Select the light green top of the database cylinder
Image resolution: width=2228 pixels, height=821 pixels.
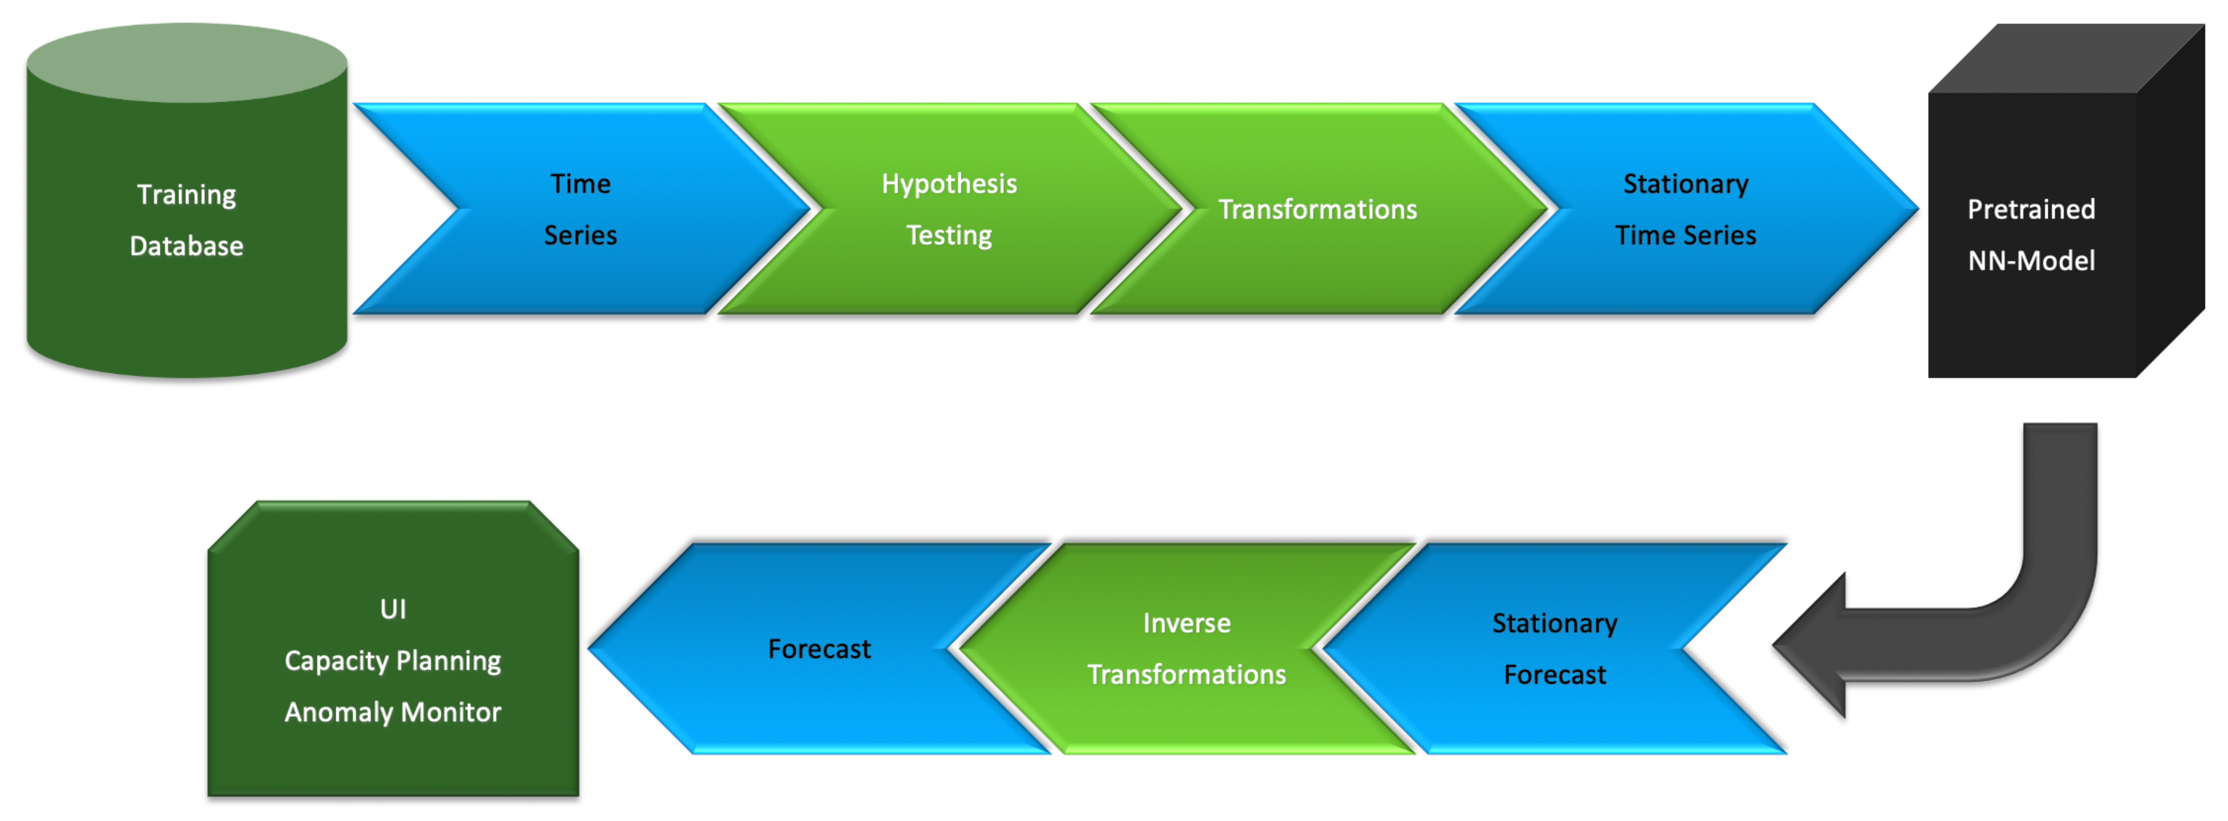pyautogui.click(x=187, y=62)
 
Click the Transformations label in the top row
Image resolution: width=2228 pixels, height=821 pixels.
pyautogui.click(x=1317, y=209)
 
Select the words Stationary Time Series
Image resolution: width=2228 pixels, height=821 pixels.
pyautogui.click(x=1686, y=209)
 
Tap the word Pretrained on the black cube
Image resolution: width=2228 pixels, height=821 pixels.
pyautogui.click(x=2031, y=209)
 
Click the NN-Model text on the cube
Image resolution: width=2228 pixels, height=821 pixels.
pyautogui.click(x=2031, y=261)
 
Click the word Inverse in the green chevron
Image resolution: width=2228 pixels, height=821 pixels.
pyautogui.click(x=1186, y=623)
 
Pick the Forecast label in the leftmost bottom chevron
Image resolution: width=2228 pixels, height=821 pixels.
pyautogui.click(x=819, y=649)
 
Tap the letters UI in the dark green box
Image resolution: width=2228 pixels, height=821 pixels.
pyautogui.click(x=393, y=609)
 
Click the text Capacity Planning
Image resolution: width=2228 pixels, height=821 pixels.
pyautogui.click(x=393, y=661)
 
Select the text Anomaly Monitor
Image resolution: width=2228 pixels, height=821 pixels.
pyautogui.click(x=393, y=712)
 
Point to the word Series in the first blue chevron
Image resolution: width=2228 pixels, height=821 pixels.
pyautogui.click(x=580, y=235)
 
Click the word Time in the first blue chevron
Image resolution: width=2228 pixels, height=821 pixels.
pyautogui.click(x=580, y=184)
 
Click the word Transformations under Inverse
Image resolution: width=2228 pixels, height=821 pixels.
pyautogui.click(x=1186, y=675)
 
